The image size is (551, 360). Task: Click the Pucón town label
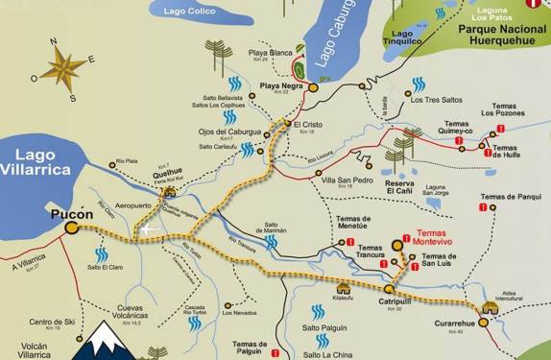click(72, 216)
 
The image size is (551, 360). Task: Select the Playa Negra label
click(280, 86)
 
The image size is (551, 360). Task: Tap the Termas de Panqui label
click(511, 197)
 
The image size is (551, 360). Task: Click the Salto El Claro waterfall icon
click(101, 254)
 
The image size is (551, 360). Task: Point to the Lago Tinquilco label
click(403, 38)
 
